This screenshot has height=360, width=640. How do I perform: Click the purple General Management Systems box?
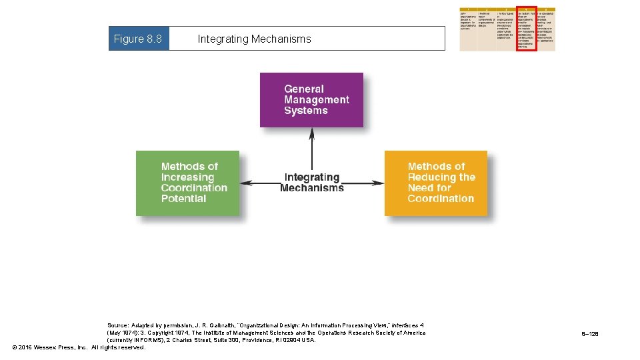[x=311, y=100]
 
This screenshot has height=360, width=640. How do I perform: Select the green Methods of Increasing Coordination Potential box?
[x=187, y=183]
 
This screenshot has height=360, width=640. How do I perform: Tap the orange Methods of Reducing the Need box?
[x=436, y=183]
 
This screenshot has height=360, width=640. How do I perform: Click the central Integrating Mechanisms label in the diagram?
[x=311, y=183]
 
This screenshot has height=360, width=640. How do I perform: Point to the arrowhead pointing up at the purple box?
[x=311, y=133]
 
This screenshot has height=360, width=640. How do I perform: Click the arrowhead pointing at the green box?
[x=244, y=183]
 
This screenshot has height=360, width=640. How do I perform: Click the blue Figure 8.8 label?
[x=138, y=39]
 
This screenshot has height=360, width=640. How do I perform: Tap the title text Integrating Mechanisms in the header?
[x=254, y=39]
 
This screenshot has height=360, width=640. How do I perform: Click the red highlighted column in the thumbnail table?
[x=526, y=29]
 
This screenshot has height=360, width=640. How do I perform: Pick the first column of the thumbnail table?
[x=468, y=29]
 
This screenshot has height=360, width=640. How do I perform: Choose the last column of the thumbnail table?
[x=546, y=29]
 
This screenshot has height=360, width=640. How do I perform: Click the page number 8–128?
[x=589, y=333]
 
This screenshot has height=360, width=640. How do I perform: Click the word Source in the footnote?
[x=117, y=325]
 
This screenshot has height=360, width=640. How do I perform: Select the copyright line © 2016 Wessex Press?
[x=79, y=347]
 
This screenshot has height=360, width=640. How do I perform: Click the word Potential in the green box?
[x=183, y=199]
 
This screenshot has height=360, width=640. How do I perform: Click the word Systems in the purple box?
[x=305, y=111]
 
